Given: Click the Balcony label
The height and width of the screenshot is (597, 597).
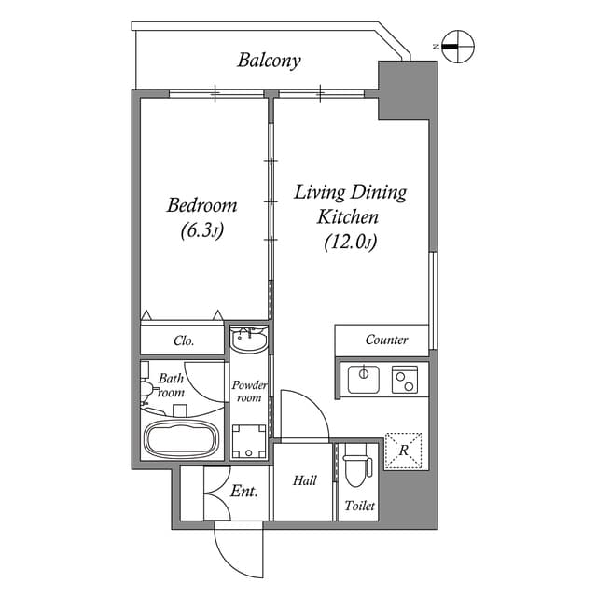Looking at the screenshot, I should pyautogui.click(x=269, y=62).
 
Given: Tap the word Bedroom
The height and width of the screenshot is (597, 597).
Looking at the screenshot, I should pyautogui.click(x=201, y=205).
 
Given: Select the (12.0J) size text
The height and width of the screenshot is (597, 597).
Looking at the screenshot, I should pyautogui.click(x=350, y=243).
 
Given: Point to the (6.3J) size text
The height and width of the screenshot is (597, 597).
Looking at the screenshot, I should pyautogui.click(x=201, y=231).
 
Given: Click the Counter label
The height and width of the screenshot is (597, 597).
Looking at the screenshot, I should pyautogui.click(x=386, y=340).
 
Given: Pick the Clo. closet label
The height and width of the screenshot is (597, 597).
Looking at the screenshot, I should pyautogui.click(x=184, y=341).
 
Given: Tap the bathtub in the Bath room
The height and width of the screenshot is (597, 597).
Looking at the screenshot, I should pyautogui.click(x=181, y=437).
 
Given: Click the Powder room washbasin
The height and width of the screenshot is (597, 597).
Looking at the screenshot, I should pyautogui.click(x=249, y=340).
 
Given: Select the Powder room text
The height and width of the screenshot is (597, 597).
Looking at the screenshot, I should pyautogui.click(x=249, y=391).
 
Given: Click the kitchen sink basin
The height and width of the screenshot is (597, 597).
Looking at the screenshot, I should pyautogui.click(x=362, y=379).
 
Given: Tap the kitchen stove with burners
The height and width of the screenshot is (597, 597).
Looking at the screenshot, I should pyautogui.click(x=404, y=379).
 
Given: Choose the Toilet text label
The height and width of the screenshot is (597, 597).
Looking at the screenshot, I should pyautogui.click(x=359, y=507).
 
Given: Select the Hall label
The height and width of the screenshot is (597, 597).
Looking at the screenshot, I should pyautogui.click(x=304, y=481).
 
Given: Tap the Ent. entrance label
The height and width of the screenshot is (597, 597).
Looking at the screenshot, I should pyautogui.click(x=244, y=491).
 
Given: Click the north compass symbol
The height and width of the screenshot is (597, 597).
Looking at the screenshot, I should pyautogui.click(x=458, y=44).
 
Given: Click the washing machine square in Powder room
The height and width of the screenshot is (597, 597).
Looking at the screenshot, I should pyautogui.click(x=249, y=440).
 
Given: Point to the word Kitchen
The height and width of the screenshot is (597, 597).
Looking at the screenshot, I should pyautogui.click(x=348, y=217).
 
